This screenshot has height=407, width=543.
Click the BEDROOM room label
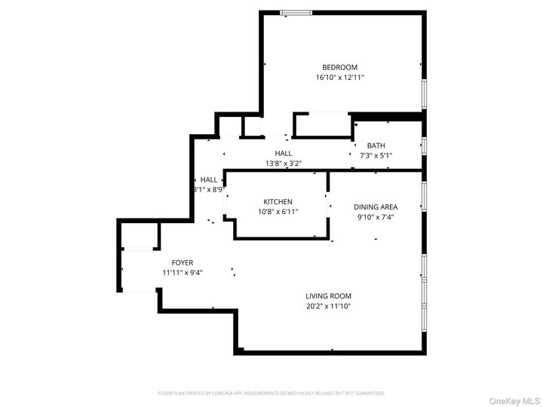click(x=339, y=67)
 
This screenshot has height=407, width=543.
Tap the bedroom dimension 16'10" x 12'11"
click(x=339, y=77)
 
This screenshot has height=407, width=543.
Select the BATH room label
click(x=376, y=145)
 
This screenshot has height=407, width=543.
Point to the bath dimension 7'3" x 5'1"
click(x=376, y=155)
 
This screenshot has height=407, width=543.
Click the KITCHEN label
click(x=278, y=202)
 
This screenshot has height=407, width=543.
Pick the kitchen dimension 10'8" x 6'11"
click(x=278, y=212)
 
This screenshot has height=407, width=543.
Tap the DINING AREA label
click(x=375, y=207)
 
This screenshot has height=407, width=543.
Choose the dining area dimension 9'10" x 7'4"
click(x=375, y=217)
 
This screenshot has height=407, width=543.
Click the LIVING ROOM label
click(x=328, y=296)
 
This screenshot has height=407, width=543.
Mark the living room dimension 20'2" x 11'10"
click(x=328, y=306)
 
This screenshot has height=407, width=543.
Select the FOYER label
click(x=183, y=262)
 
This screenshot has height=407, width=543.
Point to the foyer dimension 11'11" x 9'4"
click(x=183, y=273)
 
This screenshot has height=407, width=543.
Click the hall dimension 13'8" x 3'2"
click(x=284, y=164)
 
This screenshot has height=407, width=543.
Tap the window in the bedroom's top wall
click(x=296, y=12)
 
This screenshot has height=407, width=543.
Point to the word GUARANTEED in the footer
click(x=368, y=393)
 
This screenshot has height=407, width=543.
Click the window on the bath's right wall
click(x=425, y=145)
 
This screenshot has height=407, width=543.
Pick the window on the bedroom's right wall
click(x=425, y=94)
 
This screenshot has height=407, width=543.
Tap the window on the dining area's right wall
click(x=425, y=195)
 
